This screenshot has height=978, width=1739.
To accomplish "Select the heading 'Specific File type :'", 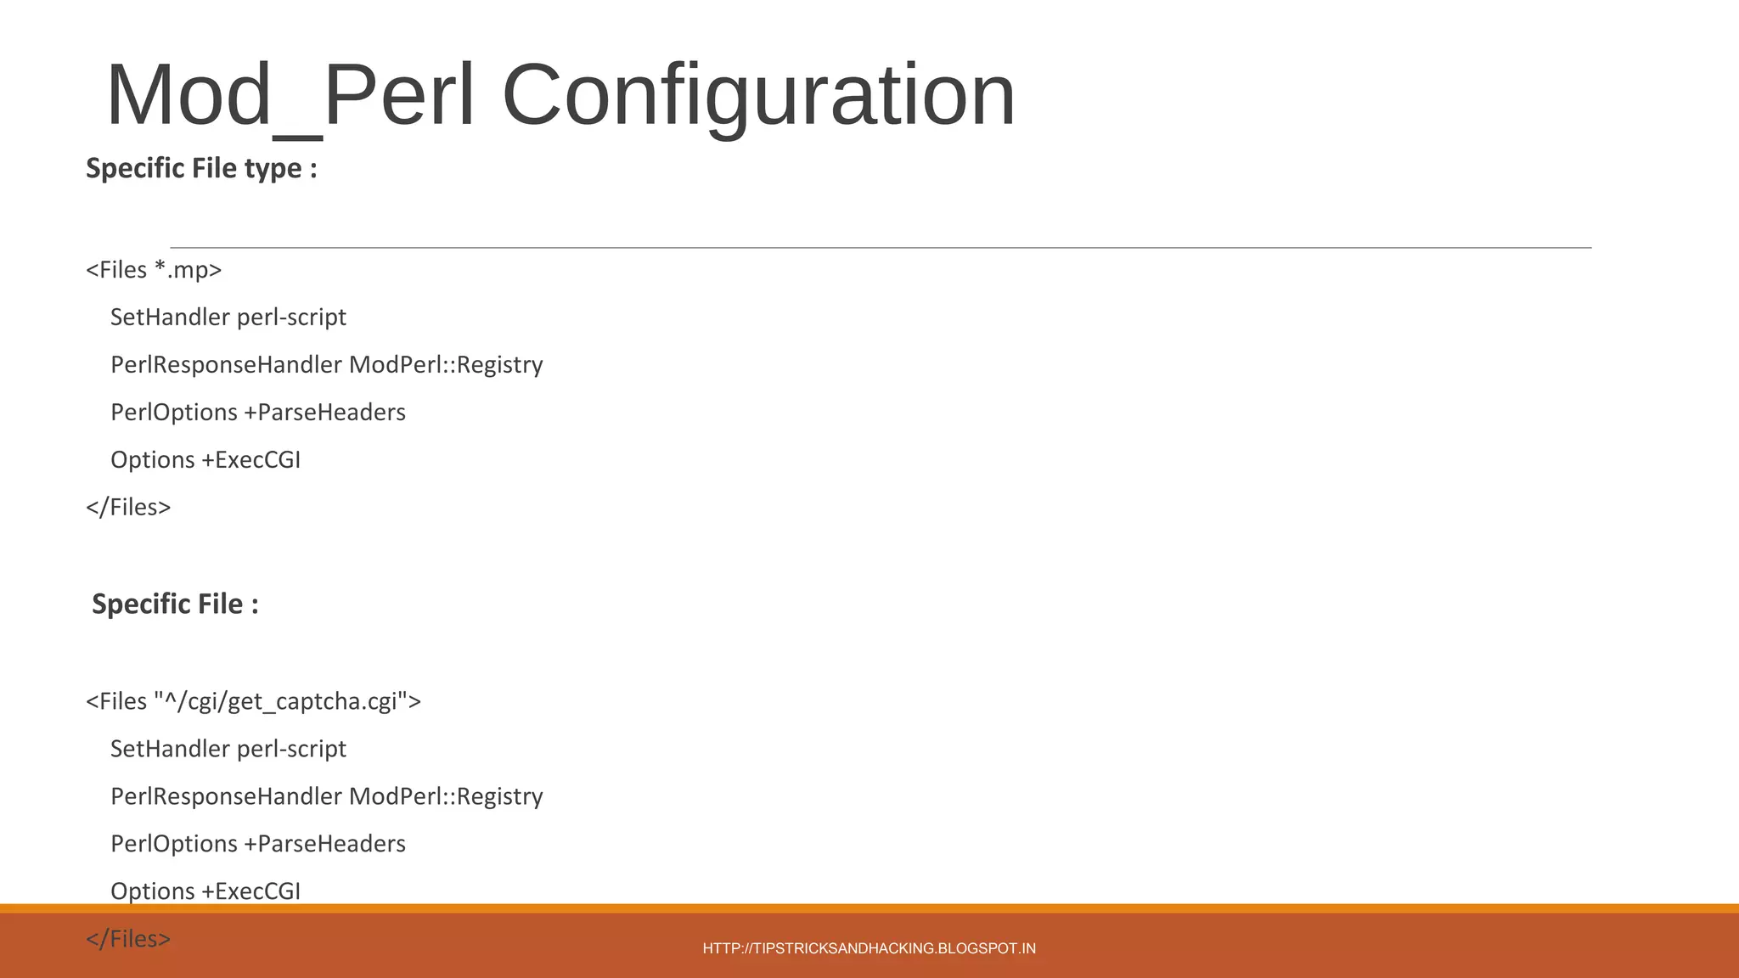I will point(201,168).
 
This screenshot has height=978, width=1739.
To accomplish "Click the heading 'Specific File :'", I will point(175,604).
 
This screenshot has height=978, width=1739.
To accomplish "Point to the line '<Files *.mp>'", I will point(154,270).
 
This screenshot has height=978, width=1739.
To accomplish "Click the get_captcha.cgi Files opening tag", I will point(253,701).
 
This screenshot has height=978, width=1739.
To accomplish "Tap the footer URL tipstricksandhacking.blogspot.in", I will point(869,948).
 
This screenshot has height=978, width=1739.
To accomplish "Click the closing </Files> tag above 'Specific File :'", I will point(128,507).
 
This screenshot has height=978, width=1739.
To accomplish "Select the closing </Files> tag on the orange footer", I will point(128,939).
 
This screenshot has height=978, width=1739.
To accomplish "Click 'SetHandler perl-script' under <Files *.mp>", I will point(228,318).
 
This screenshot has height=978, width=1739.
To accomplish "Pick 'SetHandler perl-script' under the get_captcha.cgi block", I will point(228,749).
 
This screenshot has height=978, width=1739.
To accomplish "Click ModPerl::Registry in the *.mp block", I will point(446,365).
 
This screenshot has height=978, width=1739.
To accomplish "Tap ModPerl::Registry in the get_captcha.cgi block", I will point(446,796).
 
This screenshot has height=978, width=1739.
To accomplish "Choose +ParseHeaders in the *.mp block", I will point(324,413).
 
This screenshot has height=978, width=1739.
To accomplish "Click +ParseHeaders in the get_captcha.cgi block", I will point(324,844).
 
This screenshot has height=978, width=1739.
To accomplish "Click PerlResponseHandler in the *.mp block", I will point(226,365).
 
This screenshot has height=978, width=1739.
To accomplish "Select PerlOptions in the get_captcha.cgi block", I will point(174,844).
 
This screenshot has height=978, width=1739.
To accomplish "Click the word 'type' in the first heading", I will point(273,168).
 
